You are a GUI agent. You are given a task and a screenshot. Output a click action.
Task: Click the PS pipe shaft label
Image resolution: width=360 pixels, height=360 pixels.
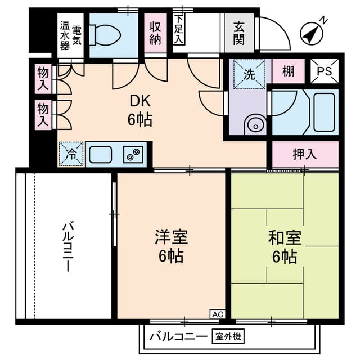pyautogui.click(x=324, y=71)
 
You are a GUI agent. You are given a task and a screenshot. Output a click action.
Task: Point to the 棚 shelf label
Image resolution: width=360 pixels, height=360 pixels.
pyautogui.click(x=288, y=71)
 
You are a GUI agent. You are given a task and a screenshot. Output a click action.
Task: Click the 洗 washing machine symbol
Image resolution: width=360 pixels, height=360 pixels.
pyautogui.click(x=248, y=74)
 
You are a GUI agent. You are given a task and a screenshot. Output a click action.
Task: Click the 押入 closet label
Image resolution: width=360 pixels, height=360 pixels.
pyautogui.click(x=305, y=154)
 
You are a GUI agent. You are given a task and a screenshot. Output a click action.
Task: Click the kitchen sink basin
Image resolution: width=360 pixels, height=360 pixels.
pyautogui.click(x=101, y=154)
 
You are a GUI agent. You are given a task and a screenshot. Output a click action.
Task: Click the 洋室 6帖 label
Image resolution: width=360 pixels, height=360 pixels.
pyautogui.click(x=172, y=246)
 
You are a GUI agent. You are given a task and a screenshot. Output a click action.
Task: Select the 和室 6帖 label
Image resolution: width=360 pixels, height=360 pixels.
pyautogui.click(x=285, y=246)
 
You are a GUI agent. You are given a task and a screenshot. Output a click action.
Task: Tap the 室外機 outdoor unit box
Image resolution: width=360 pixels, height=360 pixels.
pyautogui.click(x=227, y=337)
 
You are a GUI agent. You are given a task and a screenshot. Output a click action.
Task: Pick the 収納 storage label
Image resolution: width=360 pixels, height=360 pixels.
pyautogui.click(x=156, y=33)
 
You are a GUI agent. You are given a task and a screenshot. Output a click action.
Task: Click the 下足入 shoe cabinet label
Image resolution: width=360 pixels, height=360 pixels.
pyautogui.click(x=179, y=29)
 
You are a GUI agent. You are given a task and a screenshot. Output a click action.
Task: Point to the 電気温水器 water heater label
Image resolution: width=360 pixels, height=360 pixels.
pyautogui.click(x=71, y=35)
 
